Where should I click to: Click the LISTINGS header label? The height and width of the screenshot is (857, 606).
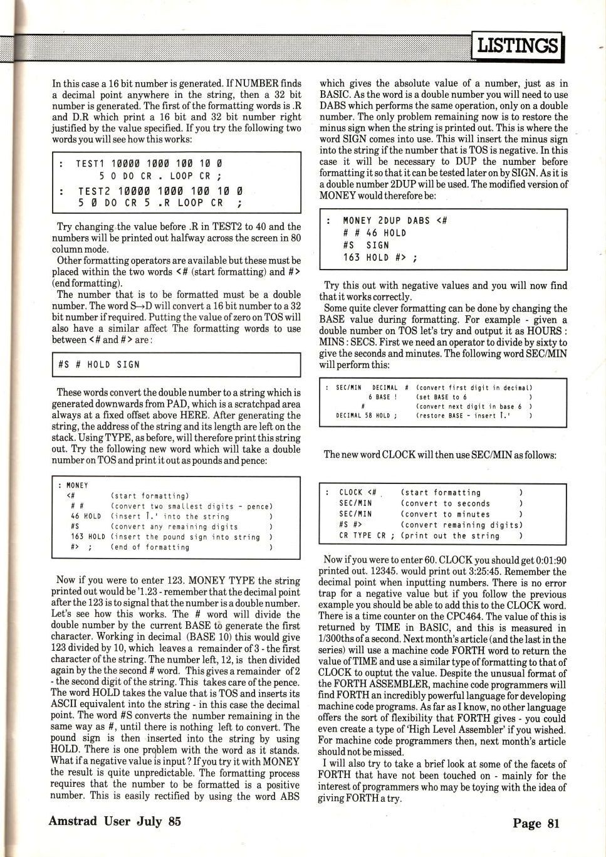tap(517, 45)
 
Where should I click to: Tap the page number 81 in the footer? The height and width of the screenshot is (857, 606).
tap(553, 823)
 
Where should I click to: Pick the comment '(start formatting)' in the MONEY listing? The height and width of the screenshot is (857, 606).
tap(150, 496)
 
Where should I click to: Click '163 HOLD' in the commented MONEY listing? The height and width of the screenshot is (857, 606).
tap(88, 537)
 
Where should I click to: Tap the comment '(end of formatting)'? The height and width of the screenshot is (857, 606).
tap(150, 547)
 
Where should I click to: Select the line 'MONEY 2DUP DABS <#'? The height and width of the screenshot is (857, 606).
tap(395, 221)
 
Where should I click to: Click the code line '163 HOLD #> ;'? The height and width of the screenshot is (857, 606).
tap(380, 257)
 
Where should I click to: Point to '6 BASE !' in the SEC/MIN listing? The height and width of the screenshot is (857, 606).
tap(382, 397)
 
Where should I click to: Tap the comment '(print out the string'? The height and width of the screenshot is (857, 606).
tap(450, 535)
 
